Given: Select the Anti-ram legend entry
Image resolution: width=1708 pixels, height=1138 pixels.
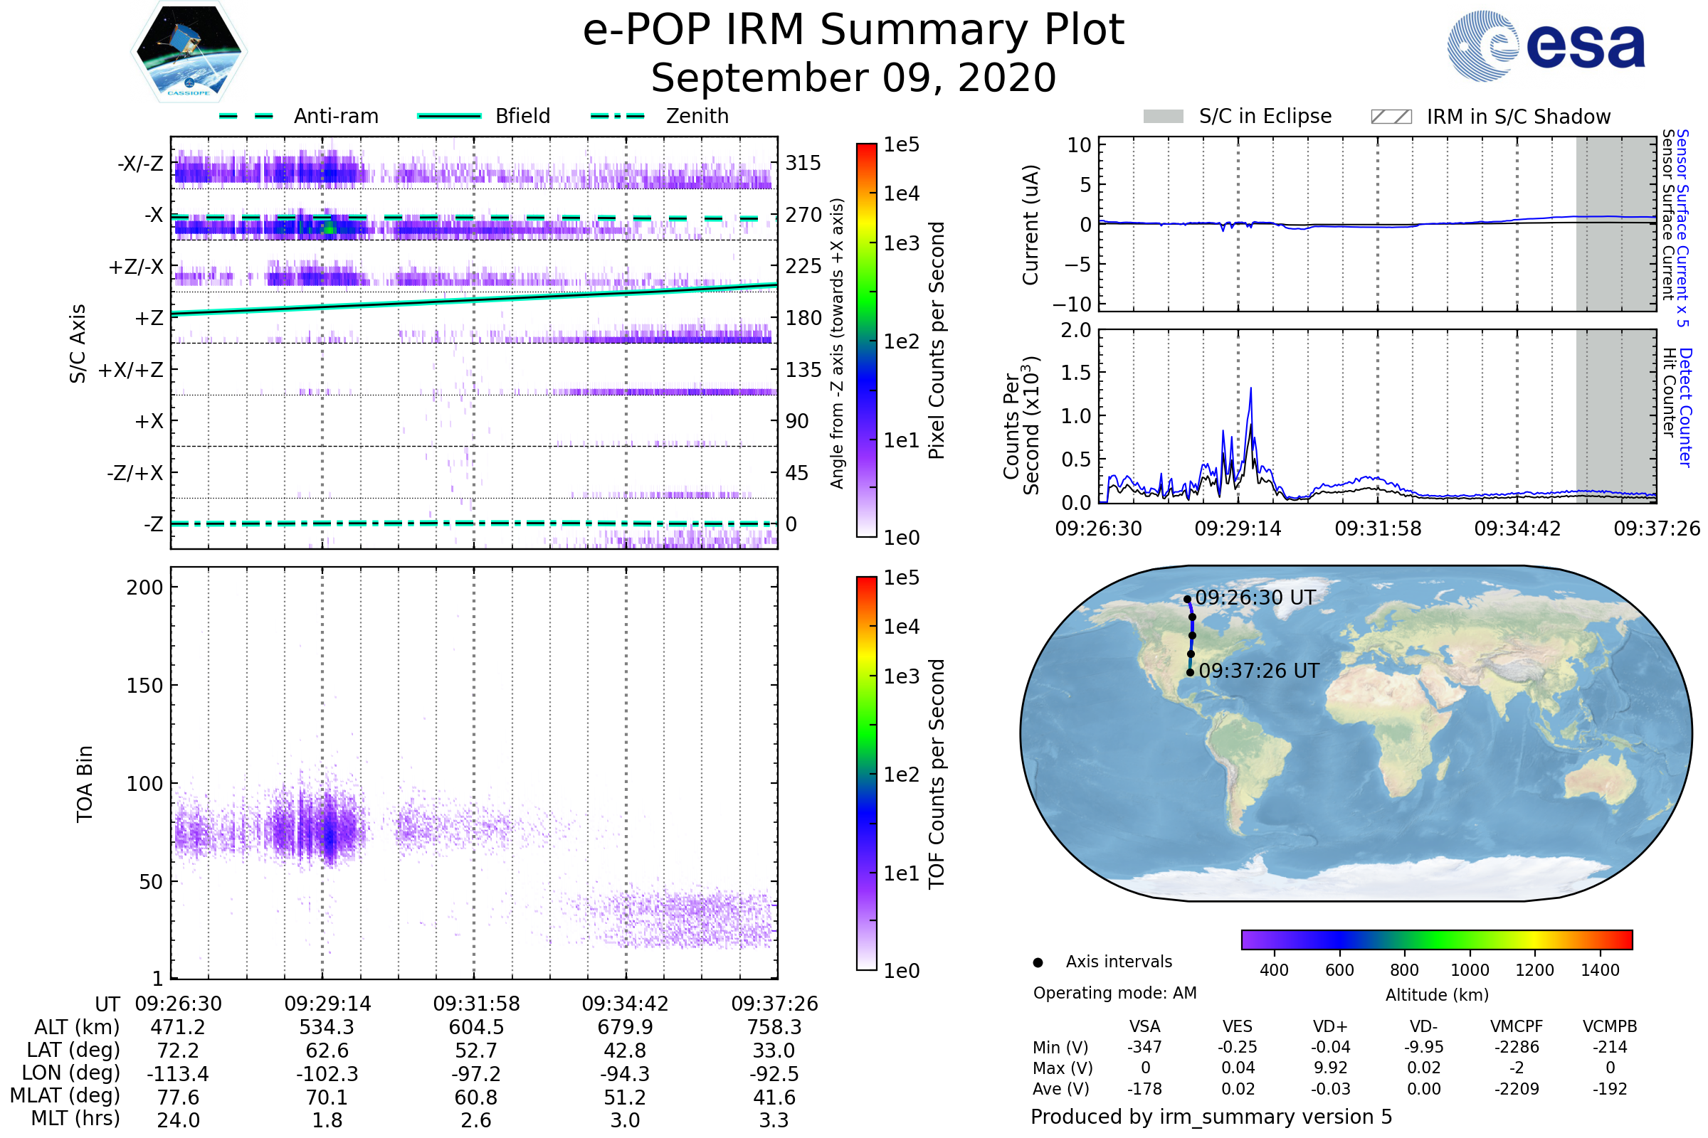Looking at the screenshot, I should pyautogui.click(x=335, y=116).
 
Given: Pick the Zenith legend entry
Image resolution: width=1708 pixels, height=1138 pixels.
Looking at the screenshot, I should pyautogui.click(x=697, y=116).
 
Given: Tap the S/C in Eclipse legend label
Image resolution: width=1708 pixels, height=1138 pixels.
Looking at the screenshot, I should pyautogui.click(x=1265, y=116).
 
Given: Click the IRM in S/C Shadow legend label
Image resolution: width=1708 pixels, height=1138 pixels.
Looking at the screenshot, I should pyautogui.click(x=1518, y=117).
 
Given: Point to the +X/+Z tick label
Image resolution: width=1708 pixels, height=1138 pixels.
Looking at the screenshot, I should pyautogui.click(x=131, y=370).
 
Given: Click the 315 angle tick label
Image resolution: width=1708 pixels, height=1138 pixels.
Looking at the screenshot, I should pyautogui.click(x=803, y=163).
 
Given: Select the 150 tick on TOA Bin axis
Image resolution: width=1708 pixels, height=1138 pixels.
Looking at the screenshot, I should pyautogui.click(x=144, y=685).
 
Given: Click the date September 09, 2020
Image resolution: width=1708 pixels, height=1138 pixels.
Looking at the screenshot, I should pyautogui.click(x=853, y=78).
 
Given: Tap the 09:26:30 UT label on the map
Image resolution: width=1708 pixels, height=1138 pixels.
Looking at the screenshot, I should pyautogui.click(x=1255, y=597).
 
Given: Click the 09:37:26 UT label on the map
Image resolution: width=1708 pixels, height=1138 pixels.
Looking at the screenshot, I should pyautogui.click(x=1258, y=671).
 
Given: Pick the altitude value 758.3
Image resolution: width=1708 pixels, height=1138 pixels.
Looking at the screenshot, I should pyautogui.click(x=774, y=1028).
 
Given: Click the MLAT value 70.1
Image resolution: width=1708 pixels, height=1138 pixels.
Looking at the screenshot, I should pyautogui.click(x=327, y=1097).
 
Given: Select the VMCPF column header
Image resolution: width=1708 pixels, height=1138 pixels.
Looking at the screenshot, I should pyautogui.click(x=1517, y=1026).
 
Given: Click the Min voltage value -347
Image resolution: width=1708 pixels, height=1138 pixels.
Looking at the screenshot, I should pyautogui.click(x=1144, y=1047).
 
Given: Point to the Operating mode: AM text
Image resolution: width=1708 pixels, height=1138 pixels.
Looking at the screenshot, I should pyautogui.click(x=1114, y=993).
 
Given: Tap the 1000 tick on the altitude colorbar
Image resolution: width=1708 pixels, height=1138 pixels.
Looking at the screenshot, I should pyautogui.click(x=1469, y=970).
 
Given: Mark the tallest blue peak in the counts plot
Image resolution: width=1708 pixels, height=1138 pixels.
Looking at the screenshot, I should pyautogui.click(x=1250, y=388).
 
